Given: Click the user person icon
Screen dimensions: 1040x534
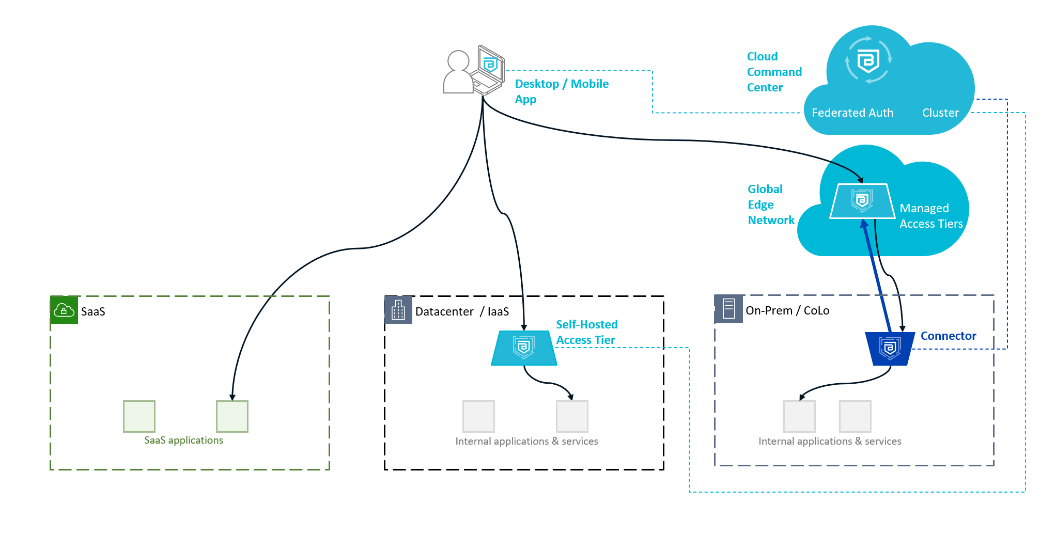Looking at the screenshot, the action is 458,72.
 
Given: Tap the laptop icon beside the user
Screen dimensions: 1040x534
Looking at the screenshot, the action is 488,70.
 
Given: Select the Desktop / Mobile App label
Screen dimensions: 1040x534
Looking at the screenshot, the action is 562,91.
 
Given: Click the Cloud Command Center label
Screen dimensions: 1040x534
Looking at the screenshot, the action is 774,72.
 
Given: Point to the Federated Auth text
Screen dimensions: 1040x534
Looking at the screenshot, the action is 852,113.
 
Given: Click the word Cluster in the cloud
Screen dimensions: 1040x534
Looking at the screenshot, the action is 940,113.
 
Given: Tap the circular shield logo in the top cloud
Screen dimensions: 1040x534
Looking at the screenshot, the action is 868,60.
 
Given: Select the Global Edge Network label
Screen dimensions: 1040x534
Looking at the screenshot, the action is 771,205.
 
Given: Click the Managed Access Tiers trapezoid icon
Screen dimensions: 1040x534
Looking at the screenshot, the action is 862,201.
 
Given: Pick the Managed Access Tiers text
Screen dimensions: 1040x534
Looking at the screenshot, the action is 931,216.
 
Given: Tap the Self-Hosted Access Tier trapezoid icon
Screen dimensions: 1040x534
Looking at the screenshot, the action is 524,348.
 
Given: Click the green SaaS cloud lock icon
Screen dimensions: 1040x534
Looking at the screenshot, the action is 64,310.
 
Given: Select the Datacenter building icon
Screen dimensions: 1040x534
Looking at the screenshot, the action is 398,310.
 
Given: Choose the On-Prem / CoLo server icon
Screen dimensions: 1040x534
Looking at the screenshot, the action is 728,309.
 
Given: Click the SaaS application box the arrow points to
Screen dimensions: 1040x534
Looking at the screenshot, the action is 232,416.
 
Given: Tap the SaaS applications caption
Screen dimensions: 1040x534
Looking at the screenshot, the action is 183,440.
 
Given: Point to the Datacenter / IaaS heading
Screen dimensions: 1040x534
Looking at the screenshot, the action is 462,311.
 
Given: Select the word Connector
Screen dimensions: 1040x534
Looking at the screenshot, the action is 948,336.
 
